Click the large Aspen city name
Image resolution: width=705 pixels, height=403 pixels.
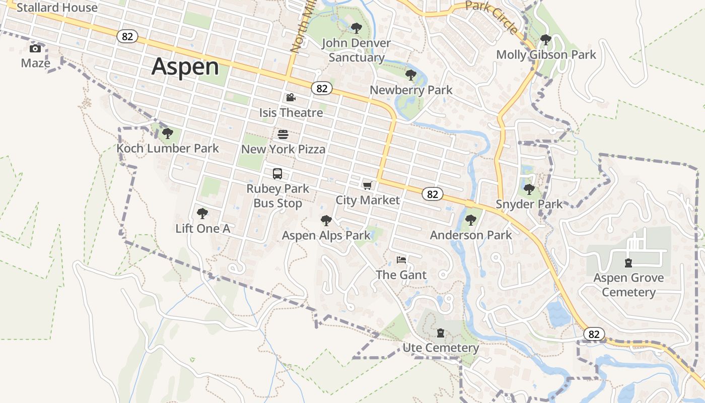click(x=185, y=66)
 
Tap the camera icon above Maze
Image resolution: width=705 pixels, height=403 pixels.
click(x=35, y=48)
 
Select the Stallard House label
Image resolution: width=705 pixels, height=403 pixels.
click(x=57, y=8)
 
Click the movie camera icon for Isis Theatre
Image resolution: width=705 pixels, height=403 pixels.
click(x=291, y=97)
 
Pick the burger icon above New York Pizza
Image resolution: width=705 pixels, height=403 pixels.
click(x=283, y=135)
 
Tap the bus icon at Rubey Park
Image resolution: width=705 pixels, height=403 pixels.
click(x=277, y=174)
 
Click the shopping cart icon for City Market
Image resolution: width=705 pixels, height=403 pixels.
click(x=368, y=185)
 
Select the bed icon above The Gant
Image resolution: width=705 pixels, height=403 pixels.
click(x=401, y=260)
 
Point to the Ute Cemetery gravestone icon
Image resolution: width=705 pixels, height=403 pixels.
click(x=441, y=333)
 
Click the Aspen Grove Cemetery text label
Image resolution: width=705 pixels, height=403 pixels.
click(x=628, y=285)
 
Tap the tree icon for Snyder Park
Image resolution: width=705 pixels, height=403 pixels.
click(x=529, y=189)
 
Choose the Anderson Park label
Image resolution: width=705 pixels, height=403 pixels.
click(x=471, y=235)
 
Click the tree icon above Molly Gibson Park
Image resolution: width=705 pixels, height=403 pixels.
click(x=545, y=39)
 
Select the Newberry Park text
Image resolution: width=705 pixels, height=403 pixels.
click(x=411, y=90)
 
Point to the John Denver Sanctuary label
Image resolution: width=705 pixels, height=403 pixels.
click(x=357, y=50)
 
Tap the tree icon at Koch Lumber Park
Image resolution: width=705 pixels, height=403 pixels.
click(x=168, y=133)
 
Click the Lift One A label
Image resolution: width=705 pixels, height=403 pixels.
click(x=202, y=228)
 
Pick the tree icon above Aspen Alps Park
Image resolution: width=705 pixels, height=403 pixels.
click(x=326, y=220)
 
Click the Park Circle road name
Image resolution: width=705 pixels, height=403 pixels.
click(x=491, y=17)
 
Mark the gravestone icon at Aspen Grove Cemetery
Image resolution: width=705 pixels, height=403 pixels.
click(x=628, y=262)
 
